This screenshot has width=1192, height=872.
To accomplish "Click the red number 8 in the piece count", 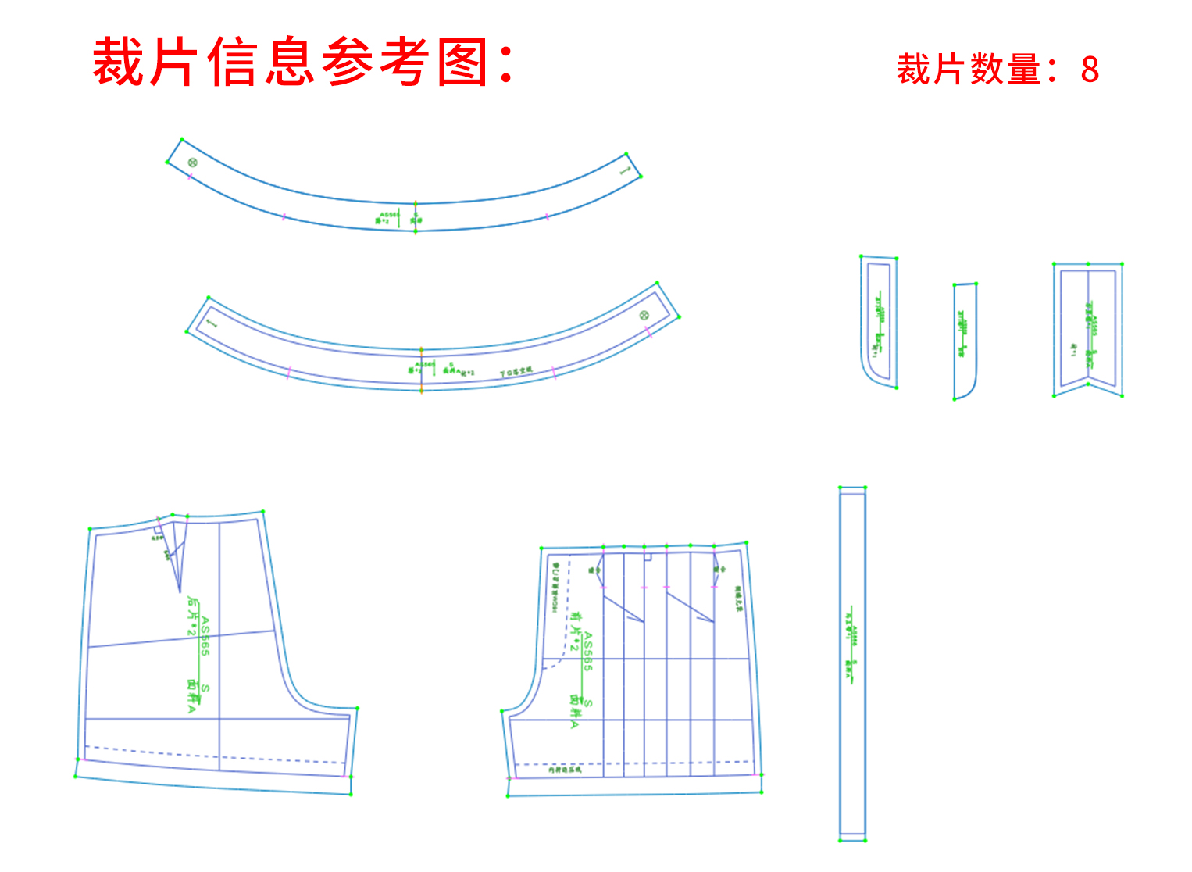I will pyautogui.click(x=1090, y=70).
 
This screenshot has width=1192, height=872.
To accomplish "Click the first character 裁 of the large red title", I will pyautogui.click(x=117, y=63).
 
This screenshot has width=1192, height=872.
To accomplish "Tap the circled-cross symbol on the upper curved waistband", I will pyautogui.click(x=192, y=163).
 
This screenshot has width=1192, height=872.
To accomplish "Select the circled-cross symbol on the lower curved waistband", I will pyautogui.click(x=644, y=315).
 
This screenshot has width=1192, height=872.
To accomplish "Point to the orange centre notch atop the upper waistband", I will pyautogui.click(x=416, y=203).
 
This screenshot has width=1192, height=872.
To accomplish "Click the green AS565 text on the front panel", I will pyautogui.click(x=588, y=651).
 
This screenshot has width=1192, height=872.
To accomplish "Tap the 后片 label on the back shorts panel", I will pyautogui.click(x=192, y=608).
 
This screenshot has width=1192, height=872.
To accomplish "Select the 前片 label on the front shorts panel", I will pyautogui.click(x=576, y=624).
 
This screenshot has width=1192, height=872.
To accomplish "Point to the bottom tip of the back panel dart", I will pyautogui.click(x=180, y=592).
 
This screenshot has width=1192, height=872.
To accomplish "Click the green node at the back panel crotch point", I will pyautogui.click(x=358, y=709).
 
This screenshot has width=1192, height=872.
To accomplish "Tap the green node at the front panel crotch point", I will pyautogui.click(x=501, y=711).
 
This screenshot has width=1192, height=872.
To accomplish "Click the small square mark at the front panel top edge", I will pyautogui.click(x=648, y=557).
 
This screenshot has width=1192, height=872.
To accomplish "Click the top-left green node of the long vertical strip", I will pyautogui.click(x=840, y=488).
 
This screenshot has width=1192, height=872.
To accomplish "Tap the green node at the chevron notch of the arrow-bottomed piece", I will pyautogui.click(x=1088, y=382).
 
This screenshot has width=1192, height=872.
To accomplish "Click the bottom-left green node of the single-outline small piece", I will pyautogui.click(x=955, y=399).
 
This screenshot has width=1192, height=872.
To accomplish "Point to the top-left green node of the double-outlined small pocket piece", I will pyautogui.click(x=861, y=256).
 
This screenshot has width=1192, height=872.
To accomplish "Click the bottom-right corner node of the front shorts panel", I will pyautogui.click(x=762, y=792).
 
